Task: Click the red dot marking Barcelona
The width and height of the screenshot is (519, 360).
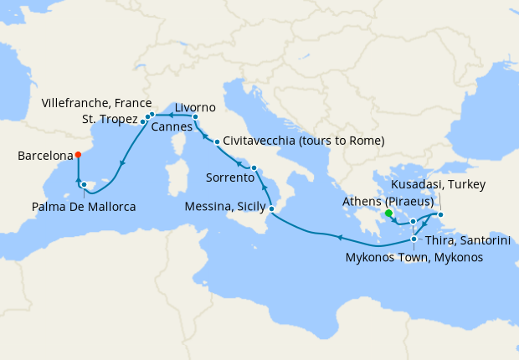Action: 78,154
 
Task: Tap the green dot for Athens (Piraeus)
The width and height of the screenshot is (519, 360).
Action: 388,213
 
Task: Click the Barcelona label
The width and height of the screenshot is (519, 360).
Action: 44,156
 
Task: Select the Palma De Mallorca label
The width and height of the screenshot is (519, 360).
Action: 84,206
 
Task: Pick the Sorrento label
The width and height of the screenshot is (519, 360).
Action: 229,177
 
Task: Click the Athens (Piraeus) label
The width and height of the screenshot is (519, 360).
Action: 387,202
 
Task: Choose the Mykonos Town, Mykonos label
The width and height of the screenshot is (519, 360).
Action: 414,257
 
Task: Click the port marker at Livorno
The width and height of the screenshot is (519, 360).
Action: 195,117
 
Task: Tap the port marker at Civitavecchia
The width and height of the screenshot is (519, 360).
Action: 217,141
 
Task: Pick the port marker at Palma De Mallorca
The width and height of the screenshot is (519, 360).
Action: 84,184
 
